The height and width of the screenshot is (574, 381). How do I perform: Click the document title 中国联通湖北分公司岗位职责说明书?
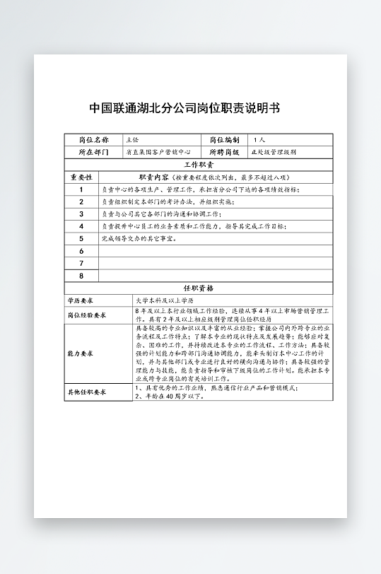[184, 109]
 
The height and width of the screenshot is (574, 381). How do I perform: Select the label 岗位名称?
[93, 140]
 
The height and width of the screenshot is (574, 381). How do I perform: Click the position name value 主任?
[132, 140]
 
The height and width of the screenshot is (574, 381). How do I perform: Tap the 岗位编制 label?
[224, 140]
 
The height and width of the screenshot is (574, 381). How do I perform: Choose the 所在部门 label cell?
[93, 152]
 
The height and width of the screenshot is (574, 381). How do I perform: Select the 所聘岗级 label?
[224, 152]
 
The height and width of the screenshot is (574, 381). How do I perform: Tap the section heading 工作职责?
[199, 165]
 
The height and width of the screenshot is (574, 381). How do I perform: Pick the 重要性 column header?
[81, 177]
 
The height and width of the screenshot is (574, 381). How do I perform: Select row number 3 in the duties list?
[81, 213]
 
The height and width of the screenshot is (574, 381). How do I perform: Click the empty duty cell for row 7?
[216, 263]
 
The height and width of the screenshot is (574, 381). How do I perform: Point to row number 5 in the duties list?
[81, 238]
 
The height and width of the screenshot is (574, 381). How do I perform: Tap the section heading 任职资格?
[199, 288]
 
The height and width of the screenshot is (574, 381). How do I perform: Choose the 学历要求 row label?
[81, 301]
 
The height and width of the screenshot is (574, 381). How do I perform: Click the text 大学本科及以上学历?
[163, 301]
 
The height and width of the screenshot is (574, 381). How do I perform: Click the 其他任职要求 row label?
[86, 392]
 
